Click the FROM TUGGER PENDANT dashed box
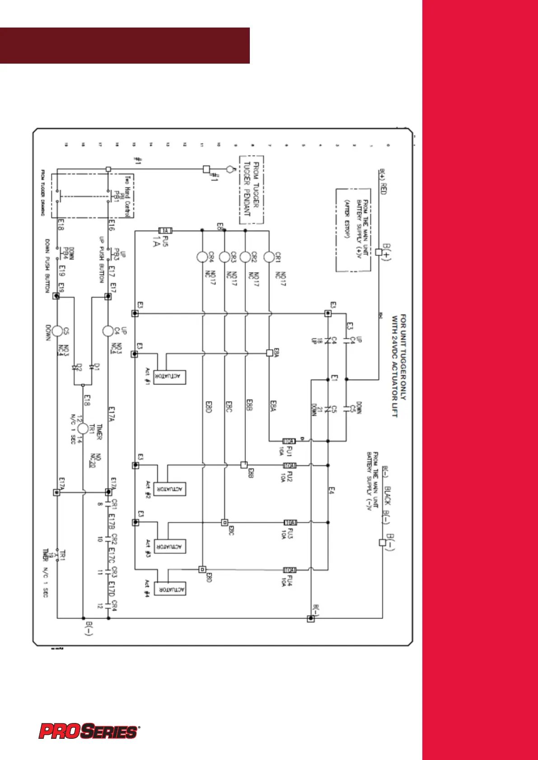[251, 190]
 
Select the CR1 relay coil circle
[269, 257]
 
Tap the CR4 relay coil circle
[202, 257]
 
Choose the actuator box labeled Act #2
[170, 489]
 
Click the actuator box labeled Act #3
[170, 547]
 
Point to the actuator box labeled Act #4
[170, 589]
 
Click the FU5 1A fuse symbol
[165, 231]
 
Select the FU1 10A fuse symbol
[289, 441]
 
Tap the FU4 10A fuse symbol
[290, 570]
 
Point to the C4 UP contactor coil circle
[108, 331]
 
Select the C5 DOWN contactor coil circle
[57, 331]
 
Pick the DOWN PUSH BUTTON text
[47, 266]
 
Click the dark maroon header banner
[125, 46]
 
